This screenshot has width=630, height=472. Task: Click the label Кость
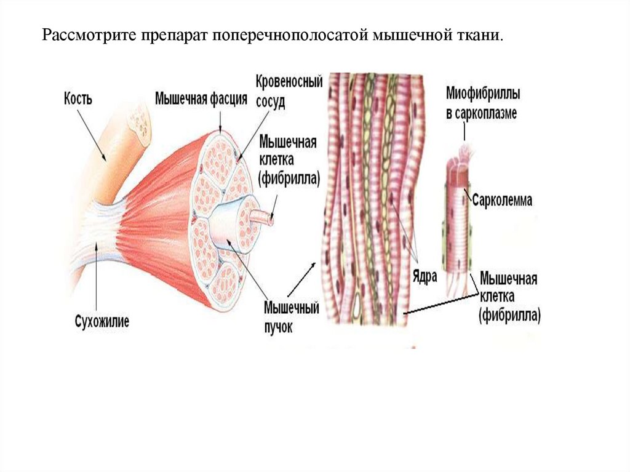[78, 98]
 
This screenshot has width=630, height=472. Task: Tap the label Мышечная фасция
[201, 98]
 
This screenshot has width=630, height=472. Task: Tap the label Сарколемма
[504, 201]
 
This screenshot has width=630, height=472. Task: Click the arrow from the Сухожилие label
[98, 277]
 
